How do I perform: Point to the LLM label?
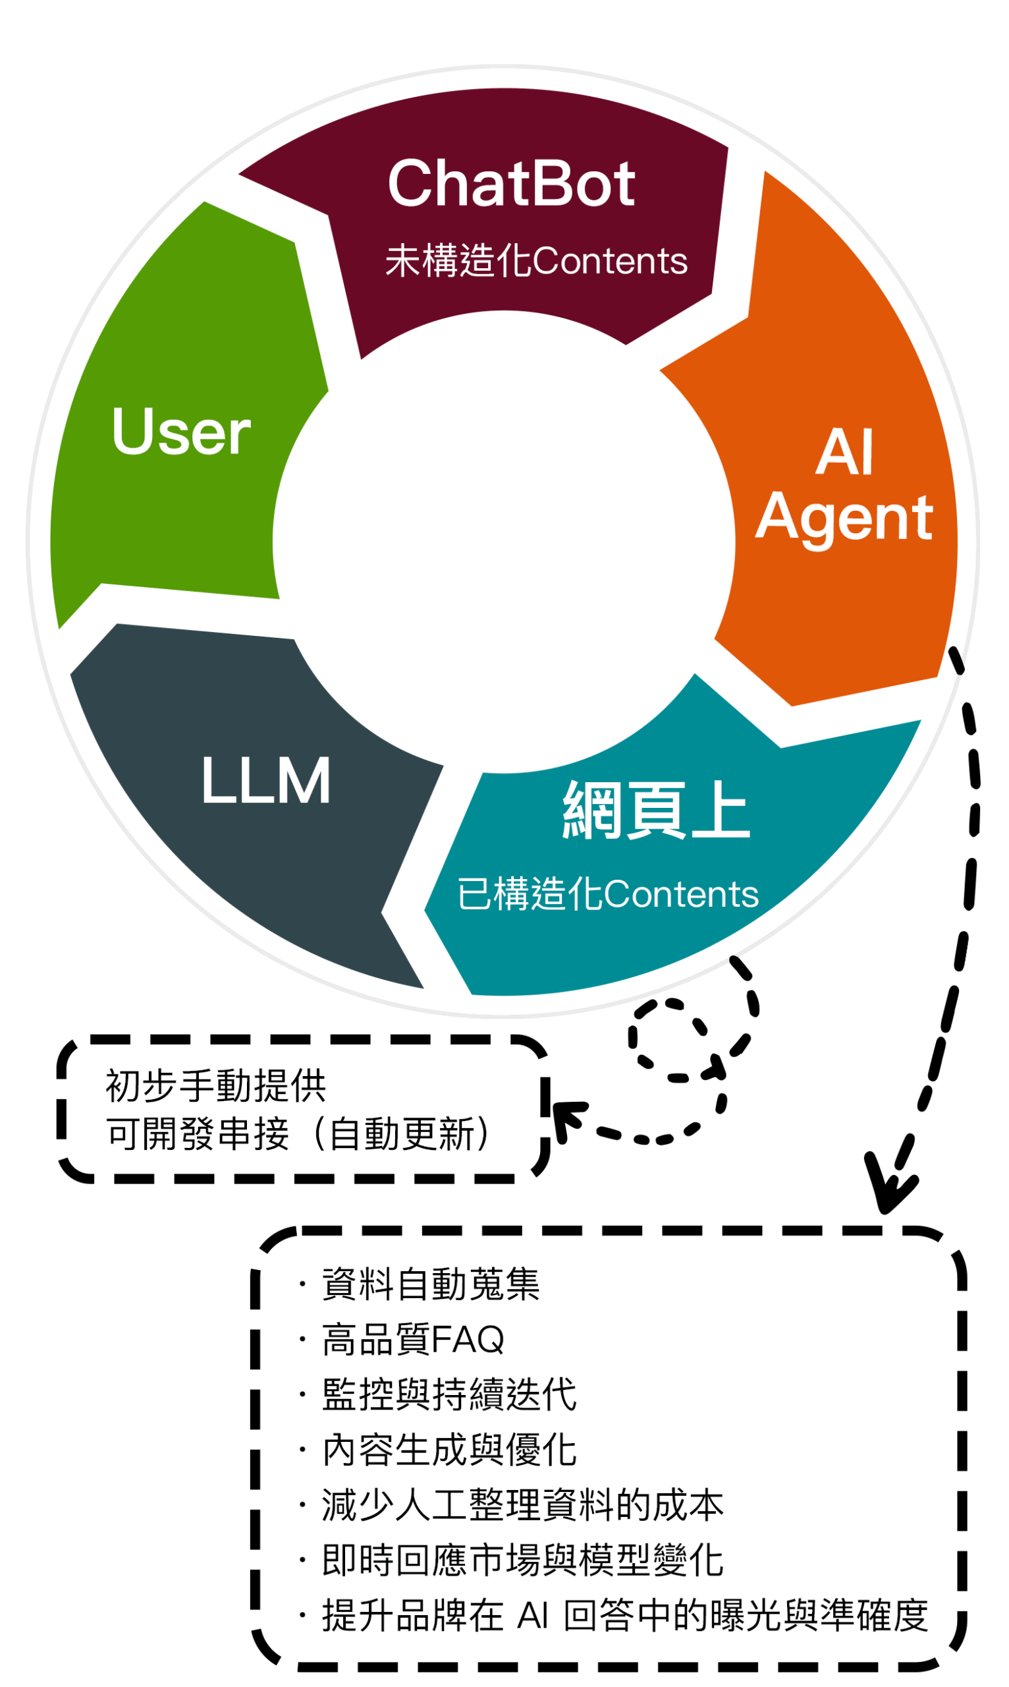[266, 780]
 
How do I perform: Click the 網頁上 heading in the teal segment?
[656, 810]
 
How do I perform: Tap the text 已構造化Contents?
[607, 894]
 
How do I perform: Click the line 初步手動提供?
[215, 1085]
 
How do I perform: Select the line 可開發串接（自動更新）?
[299, 1134]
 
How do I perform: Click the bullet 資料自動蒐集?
[430, 1284]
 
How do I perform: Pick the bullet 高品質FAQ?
[413, 1340]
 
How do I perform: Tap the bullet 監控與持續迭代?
[449, 1394]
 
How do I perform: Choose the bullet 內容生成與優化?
[449, 1450]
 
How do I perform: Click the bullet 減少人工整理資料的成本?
[522, 1504]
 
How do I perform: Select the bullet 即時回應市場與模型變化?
[522, 1560]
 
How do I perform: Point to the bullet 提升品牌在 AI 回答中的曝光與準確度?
[624, 1615]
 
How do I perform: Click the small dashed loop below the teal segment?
[670, 1039]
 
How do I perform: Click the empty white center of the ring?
[504, 542]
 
